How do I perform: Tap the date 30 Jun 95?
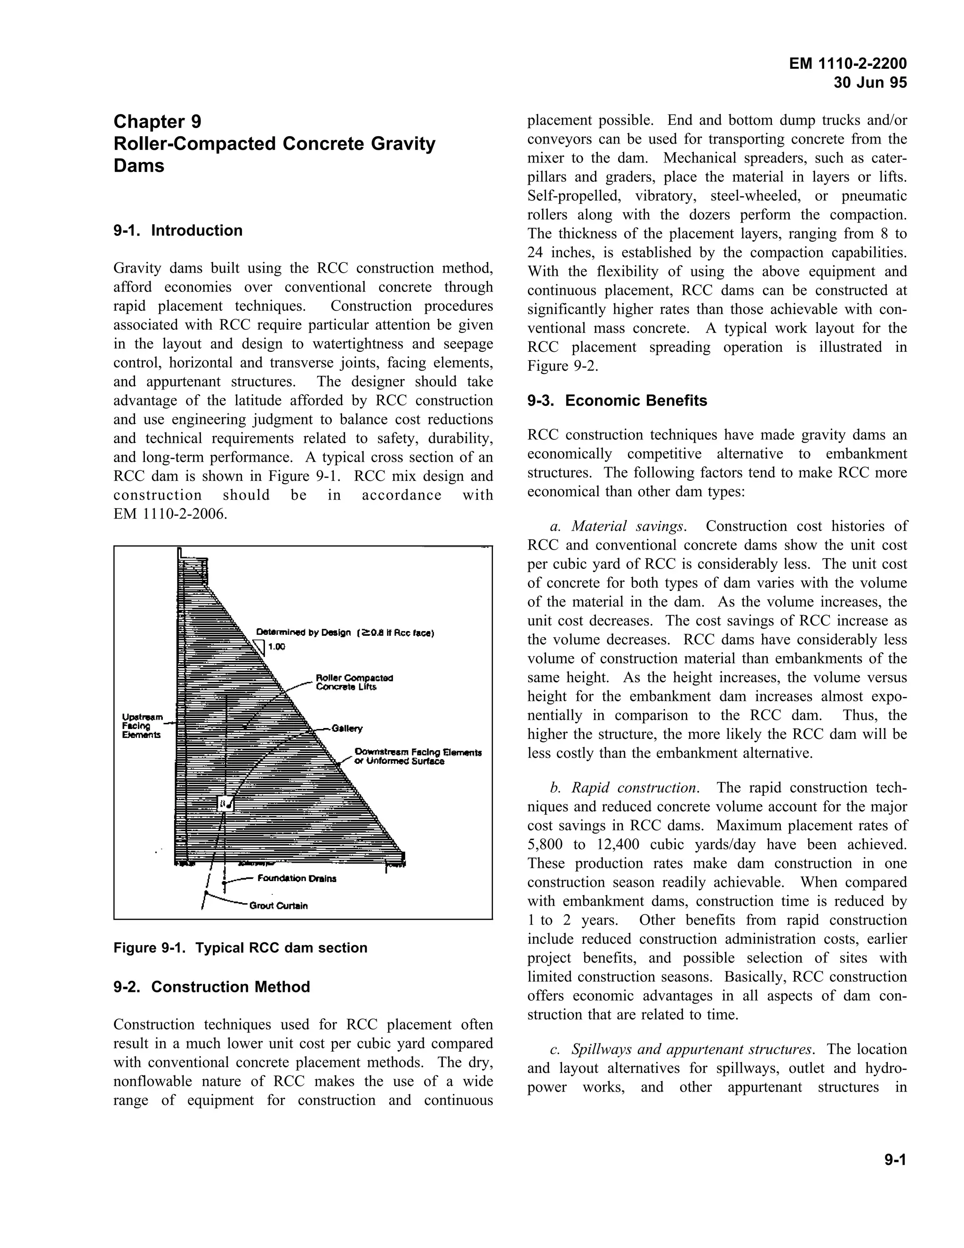870,83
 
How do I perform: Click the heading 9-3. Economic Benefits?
617,401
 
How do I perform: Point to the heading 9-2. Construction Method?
211,987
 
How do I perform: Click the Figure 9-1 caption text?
240,948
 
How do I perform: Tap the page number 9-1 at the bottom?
895,1159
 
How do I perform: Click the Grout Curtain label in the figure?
278,906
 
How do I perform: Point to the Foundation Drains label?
297,878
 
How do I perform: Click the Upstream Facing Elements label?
142,726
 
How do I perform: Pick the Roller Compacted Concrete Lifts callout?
354,682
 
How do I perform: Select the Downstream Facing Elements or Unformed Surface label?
417,757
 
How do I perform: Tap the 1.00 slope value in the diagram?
276,647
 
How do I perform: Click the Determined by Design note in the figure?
345,632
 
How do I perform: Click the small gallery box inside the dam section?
226,803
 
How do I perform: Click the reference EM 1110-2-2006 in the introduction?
170,514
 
